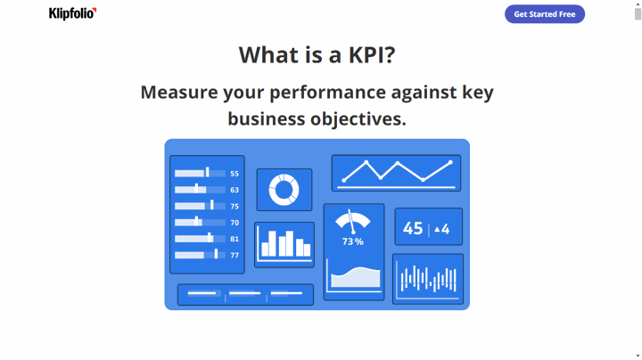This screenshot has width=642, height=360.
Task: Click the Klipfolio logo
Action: (72, 13)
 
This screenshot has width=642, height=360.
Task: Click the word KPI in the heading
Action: (372, 55)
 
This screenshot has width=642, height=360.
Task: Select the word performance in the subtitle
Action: (327, 93)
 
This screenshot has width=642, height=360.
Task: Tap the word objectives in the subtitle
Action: (358, 119)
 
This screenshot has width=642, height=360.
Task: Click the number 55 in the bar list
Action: (235, 174)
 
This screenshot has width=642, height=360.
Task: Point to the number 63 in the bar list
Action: (235, 190)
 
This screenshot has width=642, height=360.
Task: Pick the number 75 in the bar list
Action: (235, 206)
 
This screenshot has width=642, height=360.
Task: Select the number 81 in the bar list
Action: (235, 239)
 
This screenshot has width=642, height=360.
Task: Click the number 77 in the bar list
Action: (235, 255)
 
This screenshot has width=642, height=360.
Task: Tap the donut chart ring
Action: (284, 177)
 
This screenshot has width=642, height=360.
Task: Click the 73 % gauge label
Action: (353, 241)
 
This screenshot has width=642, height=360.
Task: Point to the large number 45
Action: (413, 228)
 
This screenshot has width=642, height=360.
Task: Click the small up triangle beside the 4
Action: (437, 230)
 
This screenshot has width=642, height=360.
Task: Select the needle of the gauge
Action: (351, 221)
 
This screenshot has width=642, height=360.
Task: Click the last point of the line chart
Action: (450, 162)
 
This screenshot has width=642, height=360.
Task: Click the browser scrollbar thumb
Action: (638, 14)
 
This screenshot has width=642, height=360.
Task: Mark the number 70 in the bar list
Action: (235, 223)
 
